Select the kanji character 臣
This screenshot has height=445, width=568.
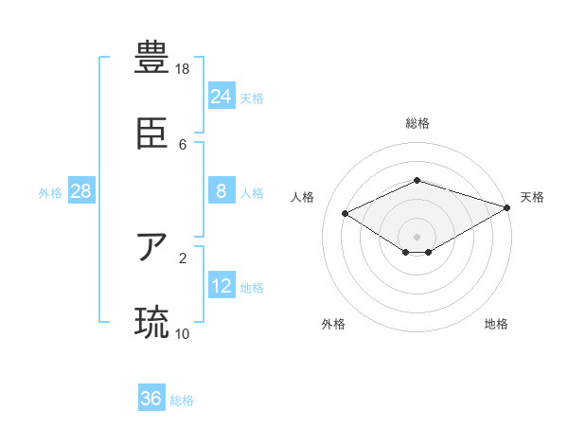coord(151,134)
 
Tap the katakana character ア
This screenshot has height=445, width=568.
coord(151,248)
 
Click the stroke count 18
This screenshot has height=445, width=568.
coord(183,69)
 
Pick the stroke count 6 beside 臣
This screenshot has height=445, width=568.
coord(183,144)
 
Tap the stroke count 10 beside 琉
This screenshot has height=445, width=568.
coord(183,333)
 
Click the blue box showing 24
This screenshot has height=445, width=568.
coord(221,96)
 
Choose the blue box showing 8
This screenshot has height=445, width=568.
coord(221,191)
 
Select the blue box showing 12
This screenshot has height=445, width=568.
coord(221,286)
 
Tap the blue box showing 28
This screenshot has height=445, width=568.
coord(80,191)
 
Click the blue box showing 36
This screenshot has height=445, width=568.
coord(151,399)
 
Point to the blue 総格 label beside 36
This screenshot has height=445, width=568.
coord(182,400)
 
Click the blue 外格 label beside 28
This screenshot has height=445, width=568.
coord(50,193)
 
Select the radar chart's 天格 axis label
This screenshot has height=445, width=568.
coord(532,197)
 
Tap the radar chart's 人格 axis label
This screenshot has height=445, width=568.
coord(303,197)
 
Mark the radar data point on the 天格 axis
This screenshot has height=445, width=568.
coord(508,207)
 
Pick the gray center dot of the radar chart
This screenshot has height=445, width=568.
coord(417,236)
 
